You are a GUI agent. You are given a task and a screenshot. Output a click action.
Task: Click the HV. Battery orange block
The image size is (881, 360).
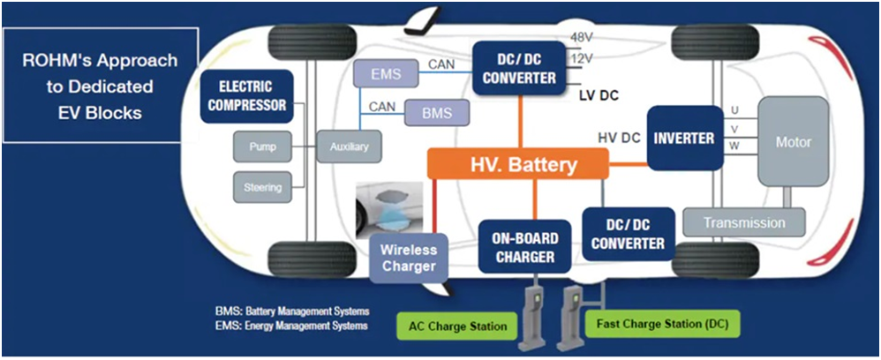click(x=517, y=164)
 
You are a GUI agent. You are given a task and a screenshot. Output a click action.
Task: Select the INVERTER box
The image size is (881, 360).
click(x=685, y=138)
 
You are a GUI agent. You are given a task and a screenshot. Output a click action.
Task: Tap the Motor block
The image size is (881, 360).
click(x=793, y=141)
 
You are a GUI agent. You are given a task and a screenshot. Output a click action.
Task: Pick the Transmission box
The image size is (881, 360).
click(x=744, y=222)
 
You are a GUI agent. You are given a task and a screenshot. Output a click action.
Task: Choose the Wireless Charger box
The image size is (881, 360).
click(x=409, y=258)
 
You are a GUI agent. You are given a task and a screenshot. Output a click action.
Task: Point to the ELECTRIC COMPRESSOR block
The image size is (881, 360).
click(x=246, y=96)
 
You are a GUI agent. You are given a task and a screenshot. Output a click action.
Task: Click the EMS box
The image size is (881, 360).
click(x=386, y=73)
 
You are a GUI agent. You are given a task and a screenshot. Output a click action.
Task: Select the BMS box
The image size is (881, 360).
click(x=437, y=113)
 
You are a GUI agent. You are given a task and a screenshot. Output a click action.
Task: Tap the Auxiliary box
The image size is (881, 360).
click(x=349, y=147)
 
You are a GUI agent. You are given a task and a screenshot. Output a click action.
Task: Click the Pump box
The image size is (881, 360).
click(x=262, y=147)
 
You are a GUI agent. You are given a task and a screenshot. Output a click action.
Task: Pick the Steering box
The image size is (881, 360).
click(x=262, y=187)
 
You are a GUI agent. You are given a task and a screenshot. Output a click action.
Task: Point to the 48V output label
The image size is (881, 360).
click(x=582, y=38)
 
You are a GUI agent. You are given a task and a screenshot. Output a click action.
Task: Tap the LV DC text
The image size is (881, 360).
click(x=599, y=95)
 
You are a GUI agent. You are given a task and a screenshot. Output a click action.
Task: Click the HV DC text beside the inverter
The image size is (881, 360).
click(x=619, y=139)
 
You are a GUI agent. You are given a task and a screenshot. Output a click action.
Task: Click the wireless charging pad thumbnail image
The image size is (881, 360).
click(x=389, y=206)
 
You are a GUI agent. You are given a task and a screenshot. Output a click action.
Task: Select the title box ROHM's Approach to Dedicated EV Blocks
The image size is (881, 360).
click(x=100, y=85)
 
